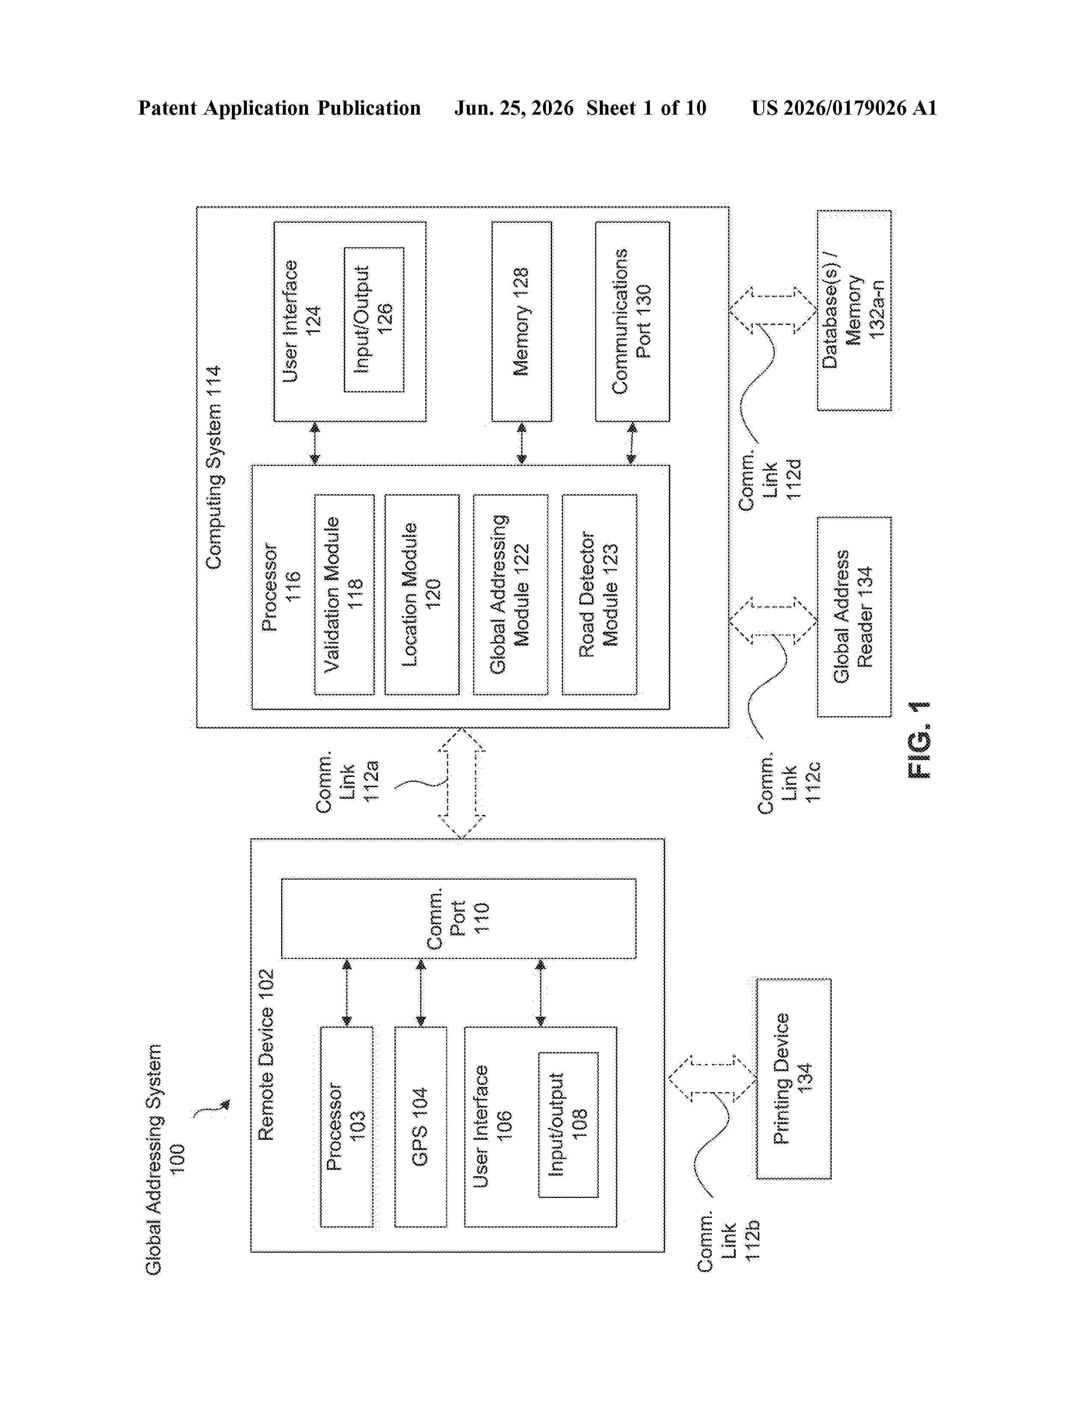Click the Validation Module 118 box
[344, 595]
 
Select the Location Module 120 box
[421, 595]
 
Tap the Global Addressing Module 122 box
[510, 595]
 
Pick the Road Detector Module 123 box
[599, 595]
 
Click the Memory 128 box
[522, 321]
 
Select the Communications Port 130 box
[632, 321]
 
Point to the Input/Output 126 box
[374, 319]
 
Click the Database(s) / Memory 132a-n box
[854, 310]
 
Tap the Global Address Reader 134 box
[854, 617]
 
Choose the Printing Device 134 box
[794, 1078]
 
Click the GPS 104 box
[420, 1127]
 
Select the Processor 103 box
[347, 1127]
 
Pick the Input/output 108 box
[568, 1124]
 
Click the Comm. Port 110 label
[458, 918]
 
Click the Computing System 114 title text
[213, 467]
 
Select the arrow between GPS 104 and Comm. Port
[421, 992]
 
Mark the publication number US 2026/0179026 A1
[844, 108]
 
